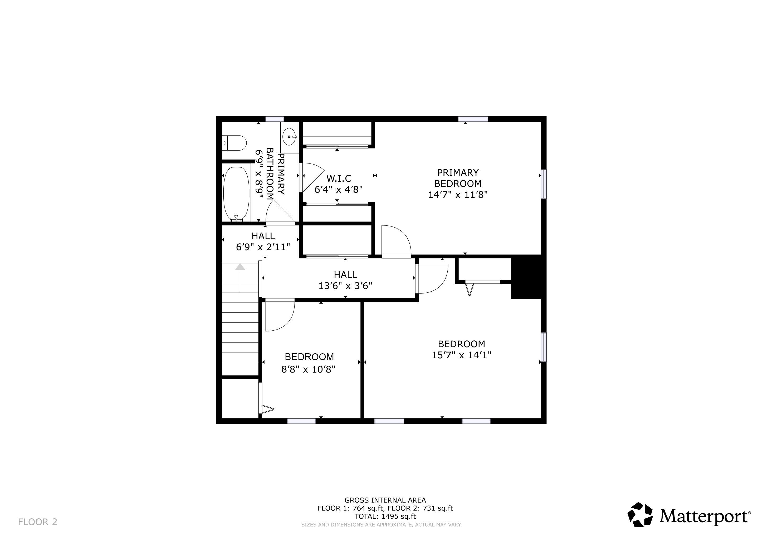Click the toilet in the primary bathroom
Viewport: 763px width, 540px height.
(x=234, y=143)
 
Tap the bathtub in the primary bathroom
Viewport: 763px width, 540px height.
(x=236, y=193)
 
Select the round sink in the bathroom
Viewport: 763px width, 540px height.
(x=289, y=137)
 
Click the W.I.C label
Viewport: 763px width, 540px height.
(x=339, y=178)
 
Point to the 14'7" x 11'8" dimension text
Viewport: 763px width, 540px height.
(x=458, y=195)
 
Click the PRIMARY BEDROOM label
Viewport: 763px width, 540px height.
(x=458, y=178)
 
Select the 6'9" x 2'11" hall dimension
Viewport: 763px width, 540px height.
(x=263, y=247)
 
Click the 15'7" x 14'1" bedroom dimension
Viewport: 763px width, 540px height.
(x=461, y=355)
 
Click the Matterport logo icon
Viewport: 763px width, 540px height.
(x=640, y=515)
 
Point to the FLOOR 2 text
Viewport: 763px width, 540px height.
(x=38, y=522)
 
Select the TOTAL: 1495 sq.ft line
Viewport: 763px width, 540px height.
(x=385, y=516)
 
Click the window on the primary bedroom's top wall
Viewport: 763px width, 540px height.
(x=473, y=119)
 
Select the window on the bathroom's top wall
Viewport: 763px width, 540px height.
(x=275, y=119)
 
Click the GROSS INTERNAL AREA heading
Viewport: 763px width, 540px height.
(x=385, y=500)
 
